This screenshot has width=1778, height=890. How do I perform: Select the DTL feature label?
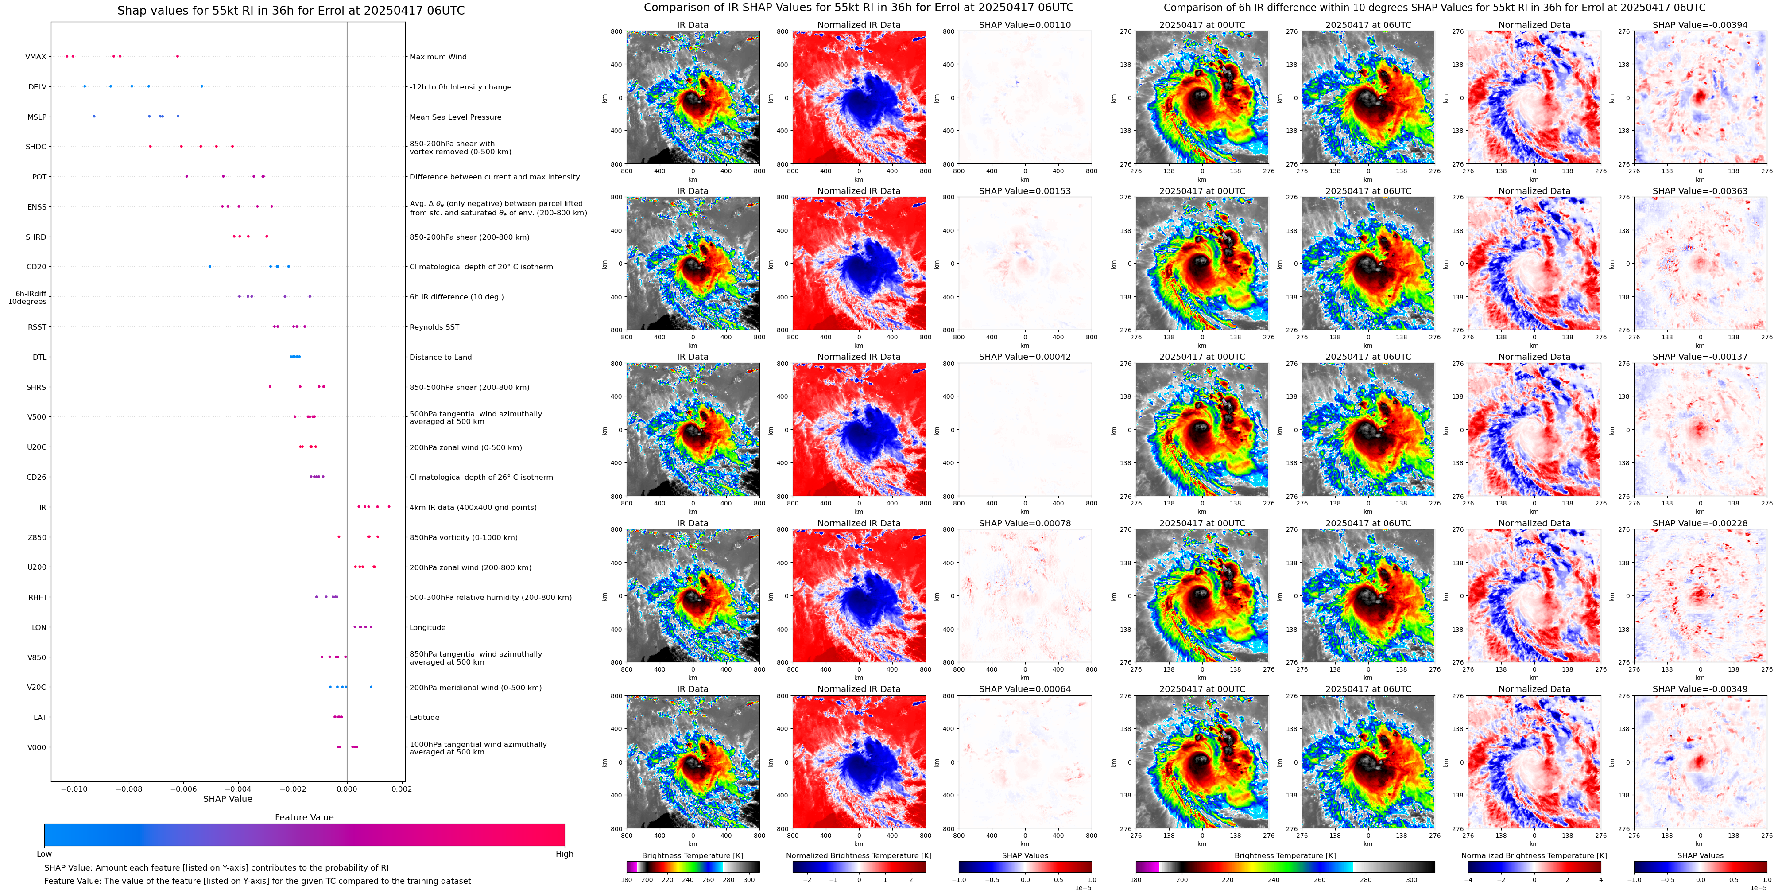pos(39,357)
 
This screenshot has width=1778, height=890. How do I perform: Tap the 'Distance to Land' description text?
pos(440,357)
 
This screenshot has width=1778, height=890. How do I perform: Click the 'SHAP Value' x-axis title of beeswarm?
pos(228,799)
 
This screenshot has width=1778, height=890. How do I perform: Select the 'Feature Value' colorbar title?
pos(304,817)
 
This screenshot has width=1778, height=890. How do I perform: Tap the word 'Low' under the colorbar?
pos(44,854)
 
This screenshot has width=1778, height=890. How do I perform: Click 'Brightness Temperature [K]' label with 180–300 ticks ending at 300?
pos(692,855)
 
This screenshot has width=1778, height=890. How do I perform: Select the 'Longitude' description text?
pos(427,628)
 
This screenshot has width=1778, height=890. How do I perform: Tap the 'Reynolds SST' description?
pos(434,327)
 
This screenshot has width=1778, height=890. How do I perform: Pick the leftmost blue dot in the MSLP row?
pos(94,116)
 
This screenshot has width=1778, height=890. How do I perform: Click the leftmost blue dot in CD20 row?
pos(210,267)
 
